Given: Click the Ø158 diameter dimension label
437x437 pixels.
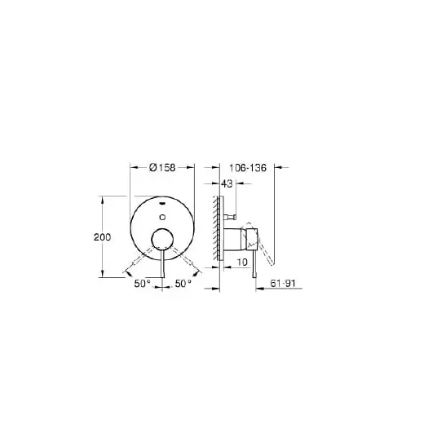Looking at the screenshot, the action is (162, 167).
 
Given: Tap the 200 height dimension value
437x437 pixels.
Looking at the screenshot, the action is (102, 237).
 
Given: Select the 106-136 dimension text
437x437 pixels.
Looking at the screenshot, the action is (248, 168).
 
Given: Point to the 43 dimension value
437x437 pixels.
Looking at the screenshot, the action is (227, 183).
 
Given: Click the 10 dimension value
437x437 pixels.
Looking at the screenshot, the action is (242, 262).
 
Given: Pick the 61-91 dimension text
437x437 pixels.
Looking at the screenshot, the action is (283, 284).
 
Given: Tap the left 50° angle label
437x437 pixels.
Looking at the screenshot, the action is (142, 284).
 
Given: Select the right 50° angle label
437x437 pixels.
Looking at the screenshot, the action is (183, 284).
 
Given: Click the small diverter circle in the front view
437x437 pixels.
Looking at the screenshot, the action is (162, 217).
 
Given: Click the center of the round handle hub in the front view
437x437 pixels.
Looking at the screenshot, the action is (162, 240).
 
